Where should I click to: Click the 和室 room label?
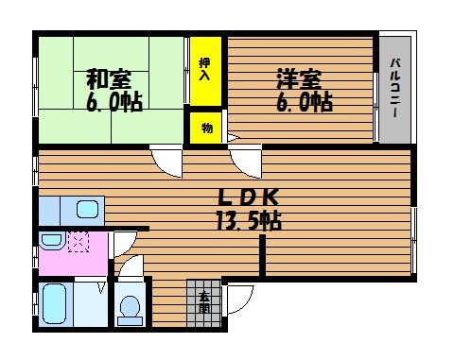[109, 79]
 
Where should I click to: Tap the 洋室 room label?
[299, 79]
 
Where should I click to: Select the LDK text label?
[249, 197]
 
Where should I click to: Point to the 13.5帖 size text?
[249, 220]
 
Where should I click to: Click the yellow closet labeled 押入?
[205, 71]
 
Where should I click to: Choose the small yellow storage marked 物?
[206, 128]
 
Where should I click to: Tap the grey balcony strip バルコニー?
[394, 90]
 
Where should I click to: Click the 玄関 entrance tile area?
[203, 303]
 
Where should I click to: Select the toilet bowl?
[131, 310]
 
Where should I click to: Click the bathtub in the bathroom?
[55, 304]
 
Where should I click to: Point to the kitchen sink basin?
[87, 210]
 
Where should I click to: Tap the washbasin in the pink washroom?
[52, 241]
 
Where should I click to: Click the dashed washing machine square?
[79, 242]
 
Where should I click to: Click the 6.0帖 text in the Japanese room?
[114, 102]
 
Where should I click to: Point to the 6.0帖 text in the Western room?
[305, 102]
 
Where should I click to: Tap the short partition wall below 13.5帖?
[262, 256]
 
